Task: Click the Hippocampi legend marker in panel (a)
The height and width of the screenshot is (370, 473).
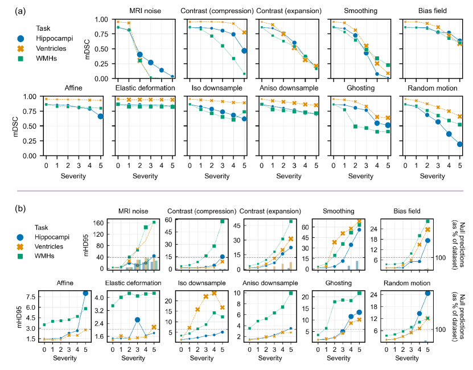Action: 21,38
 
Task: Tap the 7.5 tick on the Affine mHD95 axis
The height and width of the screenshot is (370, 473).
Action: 31,297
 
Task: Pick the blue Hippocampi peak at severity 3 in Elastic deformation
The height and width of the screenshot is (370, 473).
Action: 138,319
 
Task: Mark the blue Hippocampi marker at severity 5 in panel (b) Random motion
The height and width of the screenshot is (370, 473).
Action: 428,293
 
